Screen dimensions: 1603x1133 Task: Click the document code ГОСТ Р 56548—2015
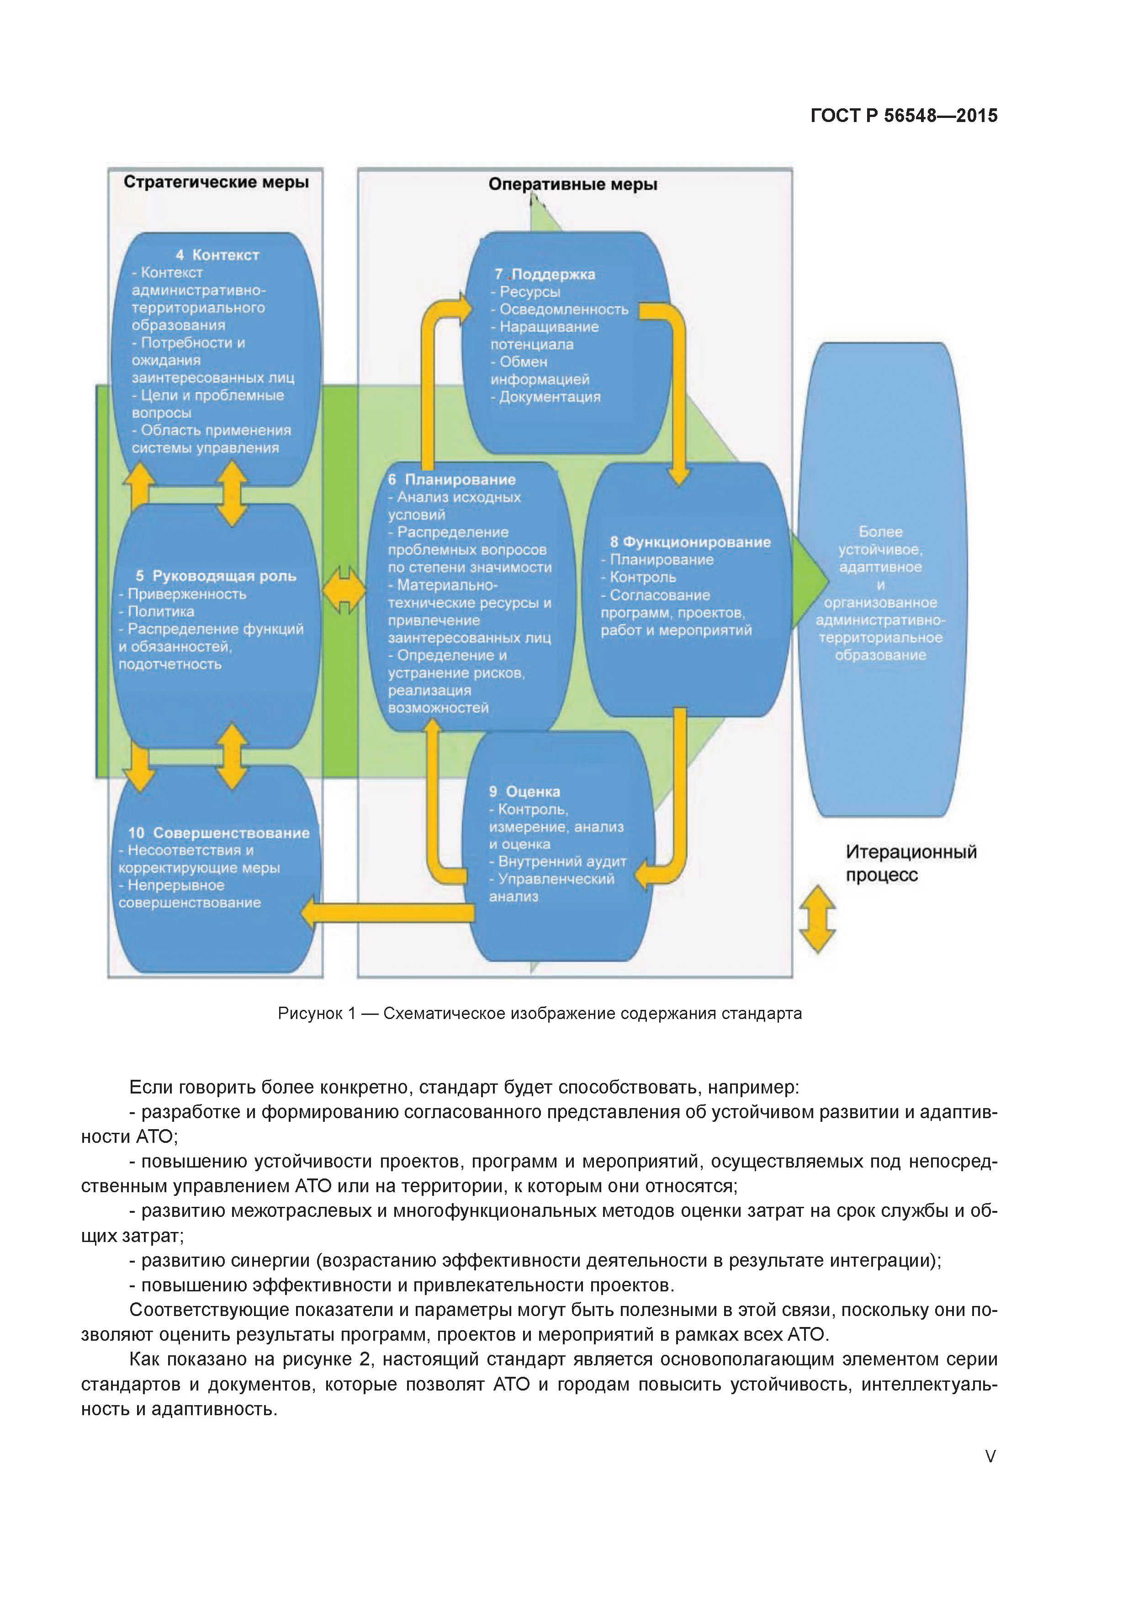[903, 116]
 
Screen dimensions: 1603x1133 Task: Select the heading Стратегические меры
[216, 182]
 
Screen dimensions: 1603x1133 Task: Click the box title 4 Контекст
[217, 255]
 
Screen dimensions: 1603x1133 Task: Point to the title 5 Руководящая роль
[216, 576]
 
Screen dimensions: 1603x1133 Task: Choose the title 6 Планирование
[452, 480]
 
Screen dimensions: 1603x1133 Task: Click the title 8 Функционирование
[690, 542]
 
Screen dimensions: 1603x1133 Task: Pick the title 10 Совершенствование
[218, 833]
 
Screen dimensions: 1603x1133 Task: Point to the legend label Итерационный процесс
[911, 863]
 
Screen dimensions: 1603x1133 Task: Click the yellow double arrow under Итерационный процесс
[817, 919]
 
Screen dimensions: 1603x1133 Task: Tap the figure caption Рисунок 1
[539, 1014]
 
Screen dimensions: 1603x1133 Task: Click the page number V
[990, 1456]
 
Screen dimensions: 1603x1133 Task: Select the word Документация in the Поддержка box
[550, 397]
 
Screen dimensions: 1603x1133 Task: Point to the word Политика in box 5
[160, 611]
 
